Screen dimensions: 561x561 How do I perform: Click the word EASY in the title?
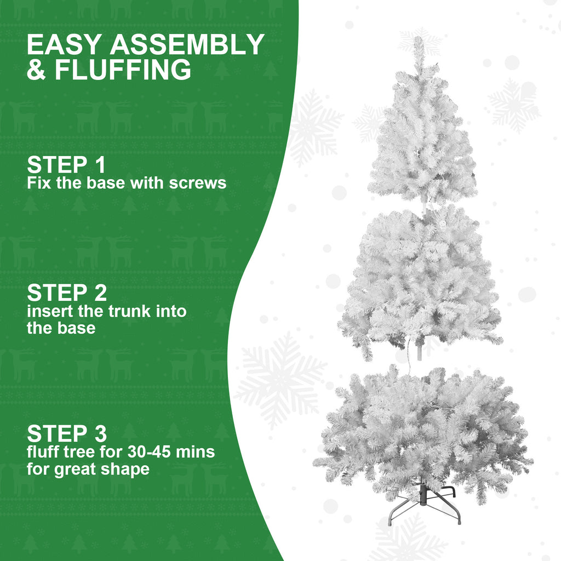point(64,45)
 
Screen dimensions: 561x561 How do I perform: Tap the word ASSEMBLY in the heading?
point(187,45)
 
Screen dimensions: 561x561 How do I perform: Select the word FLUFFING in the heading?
point(123,71)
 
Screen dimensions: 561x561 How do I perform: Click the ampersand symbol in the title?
point(37,71)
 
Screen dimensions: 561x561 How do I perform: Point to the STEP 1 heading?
point(66,165)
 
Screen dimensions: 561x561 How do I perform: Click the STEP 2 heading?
point(67,293)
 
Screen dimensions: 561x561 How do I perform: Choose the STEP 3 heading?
point(67,434)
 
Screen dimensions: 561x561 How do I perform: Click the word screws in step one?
point(198,182)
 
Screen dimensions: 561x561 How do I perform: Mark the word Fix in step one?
point(39,182)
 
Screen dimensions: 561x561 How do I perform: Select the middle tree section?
point(421,279)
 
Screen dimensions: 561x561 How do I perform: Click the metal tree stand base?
point(425,504)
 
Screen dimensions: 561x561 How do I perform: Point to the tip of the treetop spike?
point(419,39)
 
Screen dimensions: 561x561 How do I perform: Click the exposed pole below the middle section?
point(420,351)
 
